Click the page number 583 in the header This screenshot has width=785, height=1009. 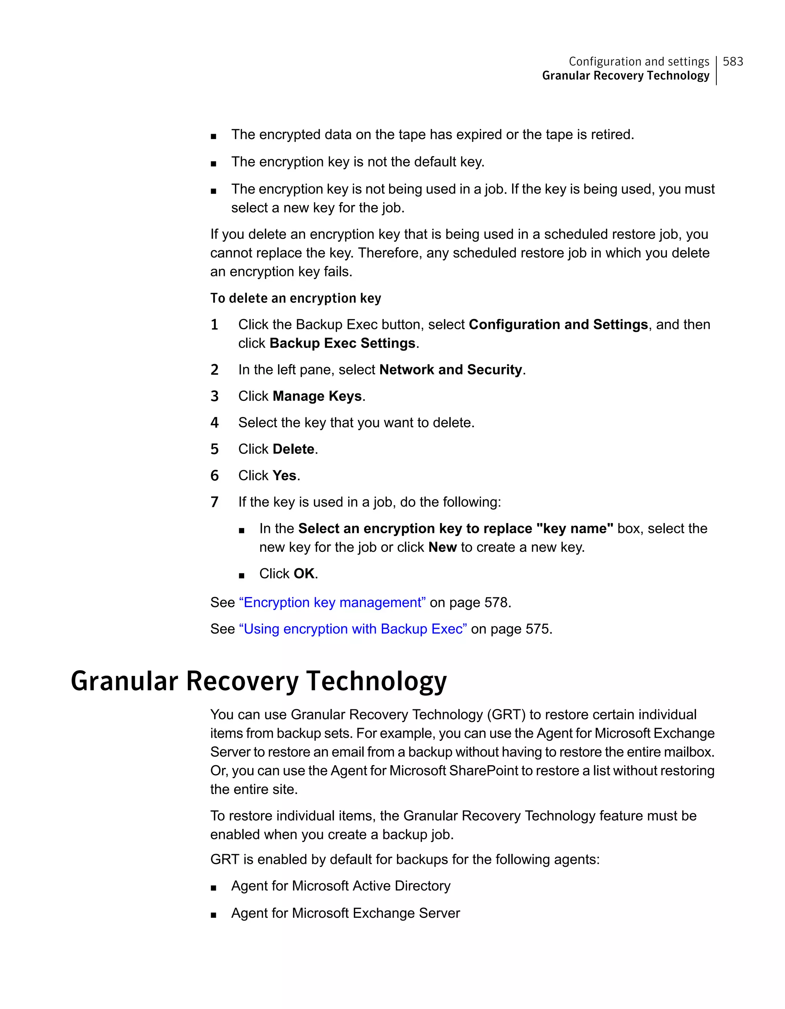(x=733, y=61)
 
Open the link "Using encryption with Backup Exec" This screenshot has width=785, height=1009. (x=353, y=629)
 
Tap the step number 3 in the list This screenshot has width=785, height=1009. (x=214, y=396)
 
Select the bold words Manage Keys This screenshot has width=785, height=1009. (x=317, y=396)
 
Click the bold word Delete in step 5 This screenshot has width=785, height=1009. (x=293, y=449)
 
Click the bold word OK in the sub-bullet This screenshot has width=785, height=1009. (x=304, y=574)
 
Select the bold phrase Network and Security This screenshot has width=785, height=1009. (x=450, y=369)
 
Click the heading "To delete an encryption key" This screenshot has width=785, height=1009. (x=296, y=299)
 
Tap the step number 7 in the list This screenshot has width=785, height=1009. (x=214, y=502)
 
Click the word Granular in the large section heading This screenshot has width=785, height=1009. (x=124, y=681)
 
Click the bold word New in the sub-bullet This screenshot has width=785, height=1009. (x=442, y=548)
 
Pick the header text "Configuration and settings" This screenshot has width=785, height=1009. (x=639, y=61)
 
